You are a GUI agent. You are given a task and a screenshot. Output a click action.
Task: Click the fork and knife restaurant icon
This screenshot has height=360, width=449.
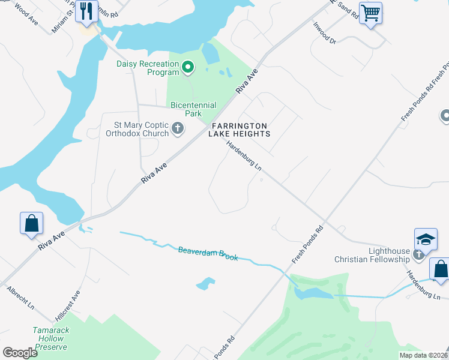click(x=86, y=11)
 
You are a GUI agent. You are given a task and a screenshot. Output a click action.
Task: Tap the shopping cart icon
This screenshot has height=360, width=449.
click(x=370, y=11)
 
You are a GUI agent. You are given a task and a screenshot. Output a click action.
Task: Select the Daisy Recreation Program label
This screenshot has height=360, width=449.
click(x=148, y=68)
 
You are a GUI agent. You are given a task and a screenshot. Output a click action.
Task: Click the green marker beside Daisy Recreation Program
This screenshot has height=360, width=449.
click(x=187, y=67)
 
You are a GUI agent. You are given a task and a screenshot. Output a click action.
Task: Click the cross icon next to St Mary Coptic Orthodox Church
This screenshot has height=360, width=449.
click(x=177, y=128)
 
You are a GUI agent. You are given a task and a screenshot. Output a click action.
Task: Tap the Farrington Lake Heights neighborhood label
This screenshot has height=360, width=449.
click(x=238, y=130)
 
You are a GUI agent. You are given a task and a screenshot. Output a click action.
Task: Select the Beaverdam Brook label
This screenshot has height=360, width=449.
click(x=208, y=253)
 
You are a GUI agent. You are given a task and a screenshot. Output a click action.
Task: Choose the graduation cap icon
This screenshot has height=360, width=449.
click(x=425, y=239)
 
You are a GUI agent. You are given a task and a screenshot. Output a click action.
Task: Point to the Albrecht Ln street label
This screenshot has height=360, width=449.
click(x=20, y=298)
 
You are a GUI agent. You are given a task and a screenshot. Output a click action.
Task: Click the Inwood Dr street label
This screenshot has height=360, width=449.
click(x=325, y=34)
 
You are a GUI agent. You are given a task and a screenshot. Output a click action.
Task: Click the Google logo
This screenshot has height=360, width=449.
click(x=20, y=353)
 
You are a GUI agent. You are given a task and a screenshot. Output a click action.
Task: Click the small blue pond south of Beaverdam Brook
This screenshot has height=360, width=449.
click(x=205, y=283)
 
